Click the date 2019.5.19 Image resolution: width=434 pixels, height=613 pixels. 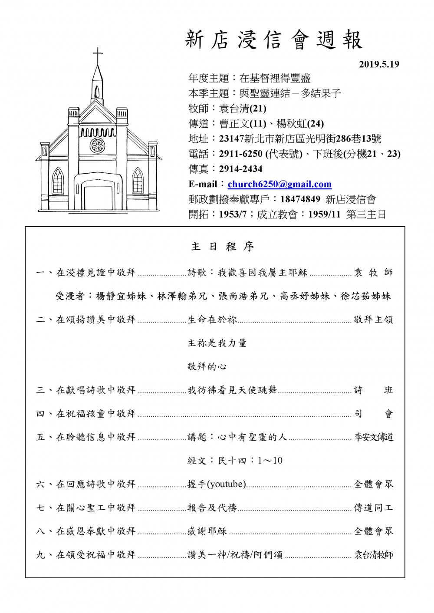click(x=379, y=65)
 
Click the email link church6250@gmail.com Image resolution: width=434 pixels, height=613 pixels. click(x=279, y=184)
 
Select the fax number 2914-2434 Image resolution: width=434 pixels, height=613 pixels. click(x=240, y=169)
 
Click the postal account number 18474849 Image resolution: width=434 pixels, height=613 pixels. click(x=300, y=199)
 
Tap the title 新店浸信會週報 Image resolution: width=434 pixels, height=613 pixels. click(x=274, y=40)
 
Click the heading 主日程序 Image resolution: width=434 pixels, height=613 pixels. click(x=222, y=247)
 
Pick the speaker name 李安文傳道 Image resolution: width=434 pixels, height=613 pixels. click(x=374, y=437)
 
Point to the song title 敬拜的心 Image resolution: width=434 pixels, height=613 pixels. click(x=207, y=367)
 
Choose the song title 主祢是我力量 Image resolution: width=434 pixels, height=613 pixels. click(x=217, y=343)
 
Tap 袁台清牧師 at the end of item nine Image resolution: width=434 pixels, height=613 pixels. click(x=374, y=555)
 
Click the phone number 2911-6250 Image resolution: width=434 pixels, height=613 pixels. click(x=240, y=154)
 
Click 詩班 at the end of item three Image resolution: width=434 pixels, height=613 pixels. click(x=374, y=390)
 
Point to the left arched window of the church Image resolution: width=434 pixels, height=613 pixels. click(x=57, y=181)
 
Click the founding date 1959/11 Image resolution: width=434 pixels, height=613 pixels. click(x=324, y=214)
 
